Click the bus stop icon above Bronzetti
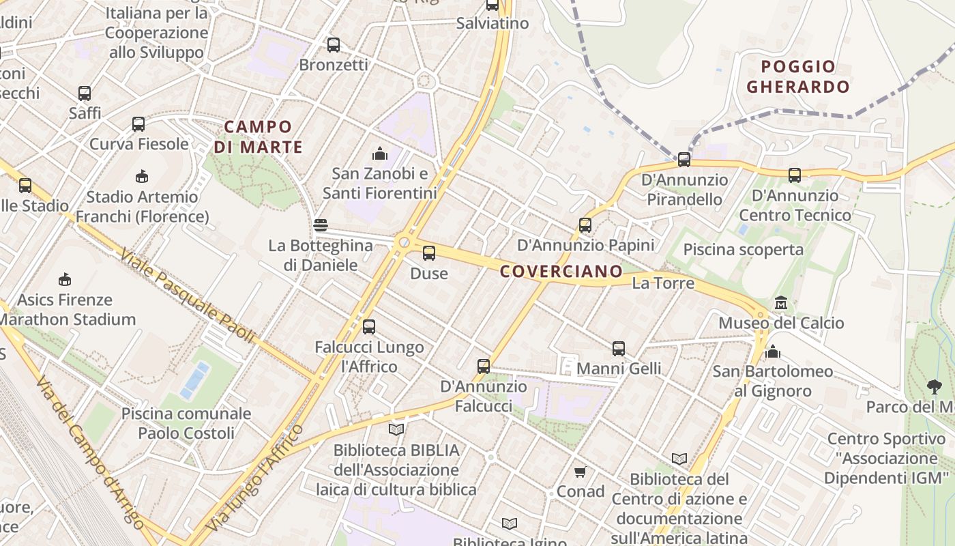[x=334, y=45]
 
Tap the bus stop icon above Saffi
[x=85, y=94]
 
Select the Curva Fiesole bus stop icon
[x=138, y=124]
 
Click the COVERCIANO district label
[x=561, y=272]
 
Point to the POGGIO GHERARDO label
[x=798, y=76]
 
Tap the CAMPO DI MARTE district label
[x=258, y=136]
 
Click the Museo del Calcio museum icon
[x=781, y=302]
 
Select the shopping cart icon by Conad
[x=581, y=472]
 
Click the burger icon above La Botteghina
[x=321, y=225]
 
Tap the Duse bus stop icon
[x=429, y=253]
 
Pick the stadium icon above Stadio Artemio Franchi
[x=142, y=177]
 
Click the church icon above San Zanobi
[x=380, y=154]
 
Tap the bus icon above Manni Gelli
[x=619, y=349]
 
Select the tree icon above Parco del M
[x=935, y=387]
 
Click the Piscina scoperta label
[x=744, y=250]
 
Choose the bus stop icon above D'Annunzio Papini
[x=585, y=225]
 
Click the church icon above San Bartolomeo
[x=773, y=351]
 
